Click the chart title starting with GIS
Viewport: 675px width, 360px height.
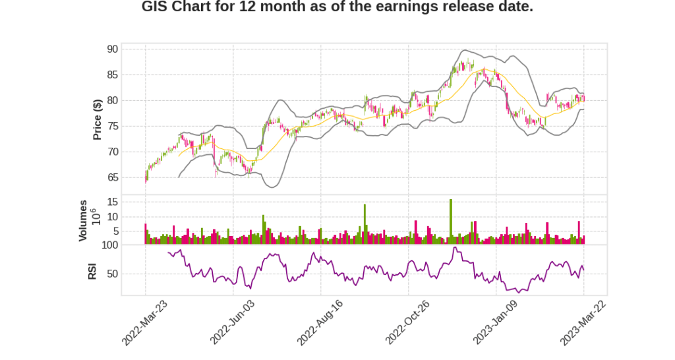click(x=337, y=7)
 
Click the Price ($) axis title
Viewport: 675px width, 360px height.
click(x=98, y=119)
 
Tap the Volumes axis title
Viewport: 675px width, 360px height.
click(x=83, y=220)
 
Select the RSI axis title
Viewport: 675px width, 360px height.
click(x=92, y=271)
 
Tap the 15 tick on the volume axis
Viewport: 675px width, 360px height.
click(x=113, y=202)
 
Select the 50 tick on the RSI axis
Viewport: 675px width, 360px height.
click(x=112, y=274)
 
